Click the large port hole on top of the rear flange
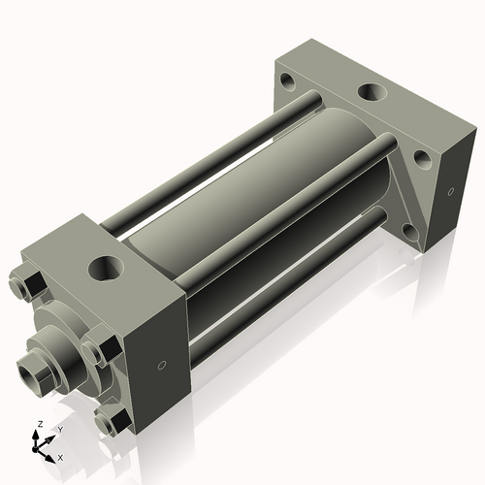pos(371,92)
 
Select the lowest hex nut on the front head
pos(112,419)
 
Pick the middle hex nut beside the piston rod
pos(95,349)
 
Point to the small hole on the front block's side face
pos(161,366)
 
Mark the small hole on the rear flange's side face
pos(450,191)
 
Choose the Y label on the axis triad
pos(59,429)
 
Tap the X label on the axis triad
pos(61,456)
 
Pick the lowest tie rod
pos(281,291)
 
